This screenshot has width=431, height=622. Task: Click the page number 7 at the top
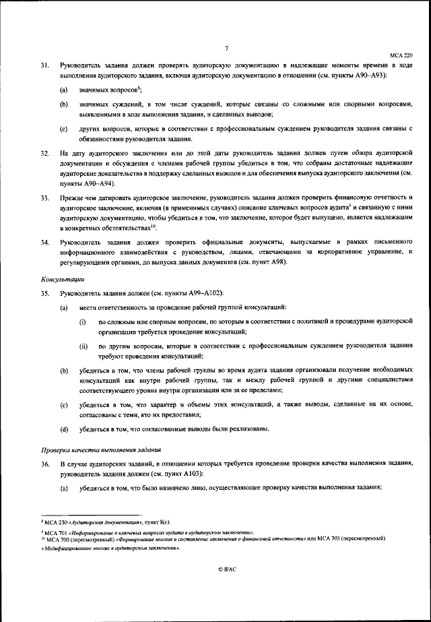[x=228, y=46]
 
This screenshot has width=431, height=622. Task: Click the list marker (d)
[x=63, y=429]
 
